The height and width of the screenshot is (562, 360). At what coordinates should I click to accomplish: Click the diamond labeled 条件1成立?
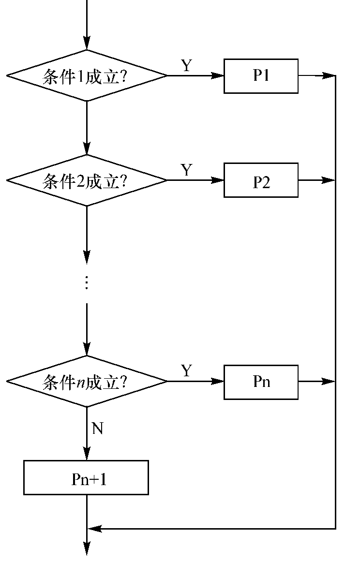[x=87, y=76]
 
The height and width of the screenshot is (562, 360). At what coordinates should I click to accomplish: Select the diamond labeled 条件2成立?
[x=87, y=180]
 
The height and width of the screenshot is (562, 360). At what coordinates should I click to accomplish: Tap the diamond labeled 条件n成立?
[x=87, y=382]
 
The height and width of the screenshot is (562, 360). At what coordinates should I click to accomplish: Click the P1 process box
[x=261, y=76]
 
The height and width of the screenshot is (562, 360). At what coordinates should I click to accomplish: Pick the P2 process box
[x=261, y=180]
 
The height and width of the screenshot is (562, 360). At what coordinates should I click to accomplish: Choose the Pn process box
[x=261, y=382]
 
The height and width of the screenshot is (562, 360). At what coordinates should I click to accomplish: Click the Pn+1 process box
[x=86, y=477]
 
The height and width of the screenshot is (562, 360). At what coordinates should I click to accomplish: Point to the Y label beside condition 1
[x=187, y=66]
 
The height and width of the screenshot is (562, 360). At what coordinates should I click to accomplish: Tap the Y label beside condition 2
[x=187, y=170]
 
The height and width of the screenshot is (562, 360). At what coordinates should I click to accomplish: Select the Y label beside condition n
[x=187, y=371]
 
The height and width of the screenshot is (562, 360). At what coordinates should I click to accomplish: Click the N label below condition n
[x=98, y=429]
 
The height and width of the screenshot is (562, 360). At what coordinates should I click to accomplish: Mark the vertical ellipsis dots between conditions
[x=87, y=282]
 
